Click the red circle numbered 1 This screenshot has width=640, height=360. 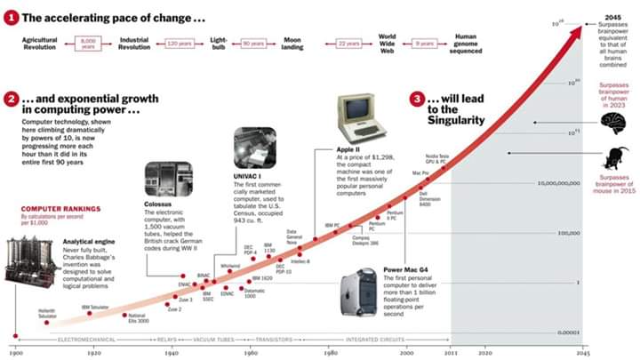(x=10, y=17)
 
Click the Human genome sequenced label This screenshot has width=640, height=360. (x=466, y=42)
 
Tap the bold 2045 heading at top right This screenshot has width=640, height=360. (x=609, y=18)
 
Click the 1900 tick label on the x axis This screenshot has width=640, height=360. (x=15, y=352)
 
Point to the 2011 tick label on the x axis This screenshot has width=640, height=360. (x=451, y=352)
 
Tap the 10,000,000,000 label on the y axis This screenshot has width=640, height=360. (x=558, y=183)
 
